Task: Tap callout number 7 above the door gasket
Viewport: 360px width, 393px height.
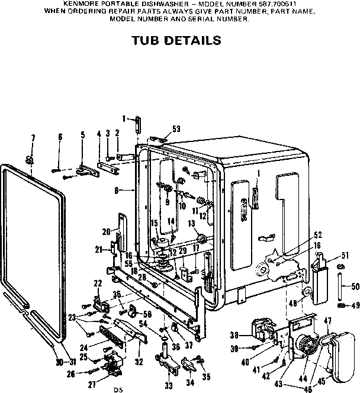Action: click(x=33, y=138)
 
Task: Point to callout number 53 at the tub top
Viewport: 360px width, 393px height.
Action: click(x=176, y=128)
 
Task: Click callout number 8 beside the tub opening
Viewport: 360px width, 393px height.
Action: click(x=117, y=190)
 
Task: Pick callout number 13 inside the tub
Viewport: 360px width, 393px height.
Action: click(x=191, y=223)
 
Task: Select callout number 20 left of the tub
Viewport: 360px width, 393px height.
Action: click(x=106, y=231)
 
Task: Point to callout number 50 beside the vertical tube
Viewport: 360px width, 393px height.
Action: click(x=355, y=286)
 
